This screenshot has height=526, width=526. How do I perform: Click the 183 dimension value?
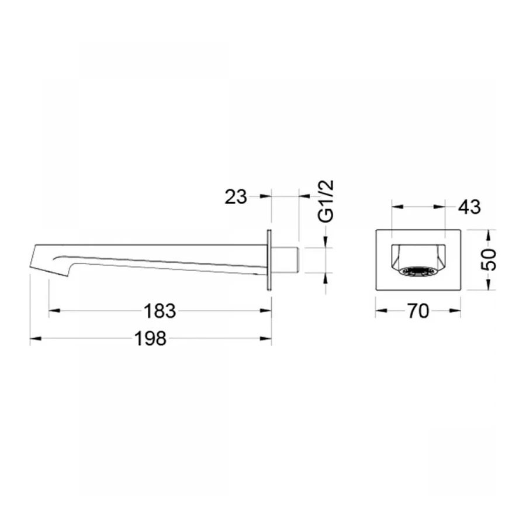[x=160, y=311]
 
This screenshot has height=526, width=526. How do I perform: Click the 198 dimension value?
[x=150, y=338]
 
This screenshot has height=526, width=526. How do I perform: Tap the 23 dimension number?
[x=236, y=196]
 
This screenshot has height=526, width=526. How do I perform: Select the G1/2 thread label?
[x=326, y=201]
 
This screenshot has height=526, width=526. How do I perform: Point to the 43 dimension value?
[x=469, y=207]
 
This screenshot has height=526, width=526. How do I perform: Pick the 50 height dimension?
[x=489, y=260]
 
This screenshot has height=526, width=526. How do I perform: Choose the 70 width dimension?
[x=418, y=311]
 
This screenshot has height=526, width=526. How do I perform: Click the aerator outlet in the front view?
[x=418, y=272]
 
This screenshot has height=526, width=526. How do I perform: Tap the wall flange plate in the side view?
[x=269, y=260]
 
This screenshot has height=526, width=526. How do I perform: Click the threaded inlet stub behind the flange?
[x=285, y=260]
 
